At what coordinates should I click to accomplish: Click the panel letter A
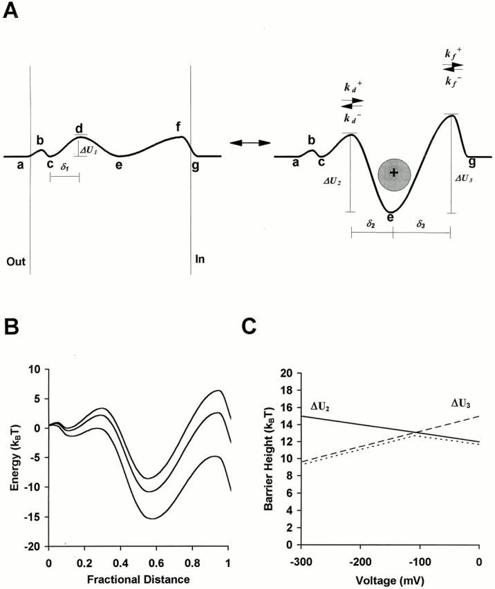pos(11,13)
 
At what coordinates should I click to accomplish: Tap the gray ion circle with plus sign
pos(394,173)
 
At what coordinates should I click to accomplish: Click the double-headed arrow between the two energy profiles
pos(245,142)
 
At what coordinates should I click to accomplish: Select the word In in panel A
pos(200,260)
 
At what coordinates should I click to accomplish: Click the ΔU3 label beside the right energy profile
pos(463,177)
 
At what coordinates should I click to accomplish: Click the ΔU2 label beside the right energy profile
pos(333,182)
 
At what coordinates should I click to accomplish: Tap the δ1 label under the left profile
pos(64,166)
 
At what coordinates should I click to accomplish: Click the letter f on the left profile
pos(178,126)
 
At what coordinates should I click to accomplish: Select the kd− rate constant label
pos(351,118)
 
